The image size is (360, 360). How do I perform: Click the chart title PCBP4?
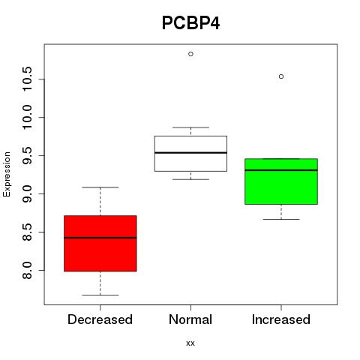click(190, 23)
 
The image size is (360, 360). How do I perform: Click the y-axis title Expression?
click(7, 174)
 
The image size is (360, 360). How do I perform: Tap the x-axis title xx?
click(190, 343)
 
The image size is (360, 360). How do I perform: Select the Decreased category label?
click(100, 319)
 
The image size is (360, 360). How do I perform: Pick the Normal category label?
click(190, 319)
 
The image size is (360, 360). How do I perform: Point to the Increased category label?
click(281, 319)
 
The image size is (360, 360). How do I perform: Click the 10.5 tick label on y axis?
click(27, 79)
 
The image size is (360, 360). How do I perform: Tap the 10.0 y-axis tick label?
click(27, 118)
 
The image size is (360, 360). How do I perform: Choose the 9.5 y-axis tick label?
click(27, 155)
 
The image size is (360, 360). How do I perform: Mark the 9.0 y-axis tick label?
click(27, 193)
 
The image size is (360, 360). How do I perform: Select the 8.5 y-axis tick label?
click(27, 232)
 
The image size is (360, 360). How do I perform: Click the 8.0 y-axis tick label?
click(27, 270)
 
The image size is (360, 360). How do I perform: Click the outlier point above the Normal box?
click(190, 54)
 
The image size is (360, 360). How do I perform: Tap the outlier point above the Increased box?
click(281, 76)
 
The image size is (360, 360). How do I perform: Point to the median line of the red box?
click(100, 238)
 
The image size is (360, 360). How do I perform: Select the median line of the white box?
click(190, 152)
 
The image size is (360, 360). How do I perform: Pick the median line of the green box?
click(281, 170)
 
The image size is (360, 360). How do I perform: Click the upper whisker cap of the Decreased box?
click(100, 187)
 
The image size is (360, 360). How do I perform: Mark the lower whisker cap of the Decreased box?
click(100, 295)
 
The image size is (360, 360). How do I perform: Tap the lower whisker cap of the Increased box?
click(281, 219)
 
